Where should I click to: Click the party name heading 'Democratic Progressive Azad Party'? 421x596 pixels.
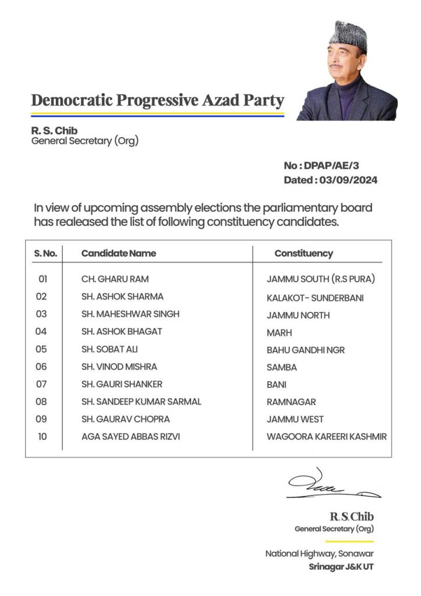pos(157,100)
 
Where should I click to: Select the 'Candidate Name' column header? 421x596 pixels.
pos(119,253)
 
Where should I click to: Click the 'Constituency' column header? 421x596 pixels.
pos(303,253)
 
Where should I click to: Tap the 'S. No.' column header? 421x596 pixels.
pos(45,253)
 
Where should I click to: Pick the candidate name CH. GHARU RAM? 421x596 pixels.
pos(115,279)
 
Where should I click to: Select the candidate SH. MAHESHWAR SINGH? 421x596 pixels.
pos(130,314)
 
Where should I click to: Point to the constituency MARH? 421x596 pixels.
pos(280,333)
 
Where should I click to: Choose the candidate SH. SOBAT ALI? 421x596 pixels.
pos(109,349)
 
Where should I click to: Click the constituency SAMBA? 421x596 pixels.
pos(282,367)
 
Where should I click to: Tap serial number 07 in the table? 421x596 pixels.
pos(42,384)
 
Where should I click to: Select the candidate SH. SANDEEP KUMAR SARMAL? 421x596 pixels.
pos(141,402)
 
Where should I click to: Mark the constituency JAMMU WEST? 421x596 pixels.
pos(295,419)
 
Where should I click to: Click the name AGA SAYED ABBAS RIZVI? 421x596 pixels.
pos(131,437)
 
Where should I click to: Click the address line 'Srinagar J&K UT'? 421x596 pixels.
pos(341,566)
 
